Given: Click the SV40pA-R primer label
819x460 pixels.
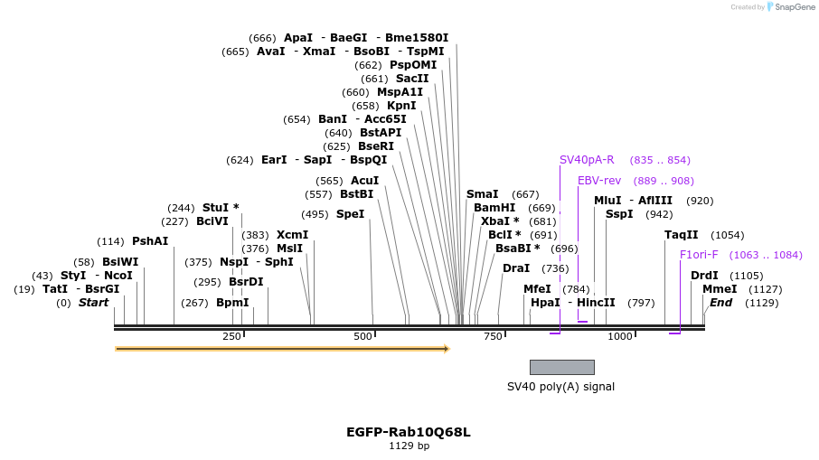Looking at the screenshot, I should click(587, 160).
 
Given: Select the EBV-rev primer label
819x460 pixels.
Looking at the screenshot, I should click(599, 181).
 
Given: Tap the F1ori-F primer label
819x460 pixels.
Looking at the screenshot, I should click(699, 255).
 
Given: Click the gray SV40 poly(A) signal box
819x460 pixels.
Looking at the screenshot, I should click(561, 367).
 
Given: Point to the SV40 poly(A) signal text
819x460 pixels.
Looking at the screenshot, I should click(560, 386).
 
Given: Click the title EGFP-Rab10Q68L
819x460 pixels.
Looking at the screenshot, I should click(409, 432).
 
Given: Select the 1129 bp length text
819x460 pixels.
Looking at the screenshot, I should click(409, 446).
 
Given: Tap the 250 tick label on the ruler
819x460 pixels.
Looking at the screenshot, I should click(231, 336).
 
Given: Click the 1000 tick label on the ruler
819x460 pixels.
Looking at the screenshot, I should click(620, 336).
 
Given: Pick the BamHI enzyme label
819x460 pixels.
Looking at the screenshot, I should click(494, 208).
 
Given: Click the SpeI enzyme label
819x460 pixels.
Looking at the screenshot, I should click(350, 214).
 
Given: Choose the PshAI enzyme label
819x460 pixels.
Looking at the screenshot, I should click(150, 241).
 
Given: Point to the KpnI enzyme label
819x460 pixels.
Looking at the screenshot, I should click(401, 106).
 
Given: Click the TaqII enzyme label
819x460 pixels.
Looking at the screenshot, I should click(682, 235).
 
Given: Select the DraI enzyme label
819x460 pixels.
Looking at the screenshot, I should click(516, 268).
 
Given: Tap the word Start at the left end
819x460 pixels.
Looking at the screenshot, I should click(93, 303).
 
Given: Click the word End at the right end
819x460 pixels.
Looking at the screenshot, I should click(720, 303).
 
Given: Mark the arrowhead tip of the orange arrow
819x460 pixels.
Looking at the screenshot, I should click(448, 349).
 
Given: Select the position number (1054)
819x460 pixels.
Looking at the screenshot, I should click(728, 235).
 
